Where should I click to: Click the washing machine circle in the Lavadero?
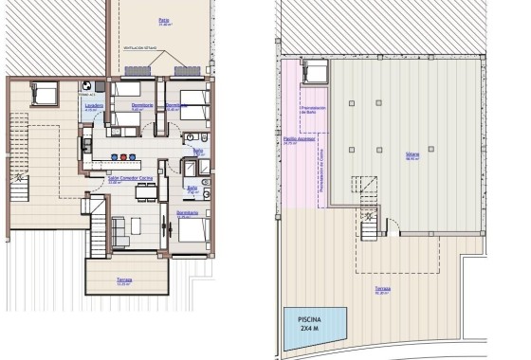[88, 84]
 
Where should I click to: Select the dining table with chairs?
[144, 193]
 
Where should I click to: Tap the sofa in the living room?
[119, 230]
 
